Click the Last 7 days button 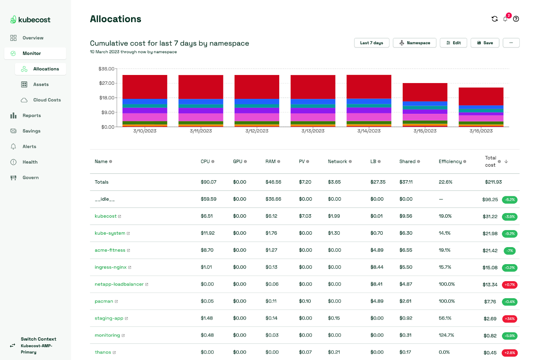pyautogui.click(x=371, y=43)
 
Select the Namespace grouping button pyautogui.click(x=414, y=43)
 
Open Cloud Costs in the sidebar pyautogui.click(x=47, y=100)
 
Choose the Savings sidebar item pyautogui.click(x=32, y=131)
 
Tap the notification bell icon pyautogui.click(x=505, y=19)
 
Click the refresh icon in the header pyautogui.click(x=494, y=19)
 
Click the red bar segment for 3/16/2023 pyautogui.click(x=481, y=96)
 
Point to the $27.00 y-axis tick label pyautogui.click(x=106, y=83)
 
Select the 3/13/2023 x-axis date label pyautogui.click(x=313, y=131)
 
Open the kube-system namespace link pyautogui.click(x=110, y=233)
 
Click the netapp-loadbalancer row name pyautogui.click(x=119, y=284)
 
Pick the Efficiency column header pyautogui.click(x=450, y=161)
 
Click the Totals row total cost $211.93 pyautogui.click(x=493, y=182)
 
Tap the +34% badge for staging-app pyautogui.click(x=510, y=318)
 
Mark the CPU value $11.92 pyautogui.click(x=207, y=233)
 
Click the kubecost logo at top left pyautogui.click(x=30, y=20)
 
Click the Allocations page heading pyautogui.click(x=115, y=19)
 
